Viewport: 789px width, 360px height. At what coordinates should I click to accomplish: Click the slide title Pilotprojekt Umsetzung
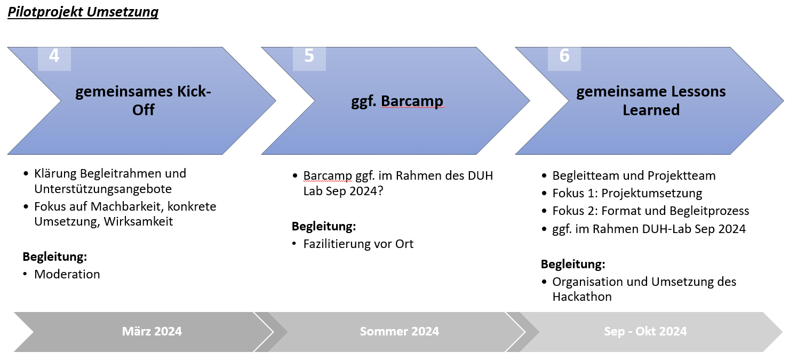83,12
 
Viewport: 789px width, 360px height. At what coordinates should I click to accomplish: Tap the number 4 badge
54,59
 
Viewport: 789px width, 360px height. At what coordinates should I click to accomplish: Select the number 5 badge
309,59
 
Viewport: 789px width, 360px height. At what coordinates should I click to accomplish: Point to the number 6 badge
564,59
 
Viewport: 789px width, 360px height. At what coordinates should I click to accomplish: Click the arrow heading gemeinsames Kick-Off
143,100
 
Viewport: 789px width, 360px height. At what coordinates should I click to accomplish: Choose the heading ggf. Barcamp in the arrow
397,101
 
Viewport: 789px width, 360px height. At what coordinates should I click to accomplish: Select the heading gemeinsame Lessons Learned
651,100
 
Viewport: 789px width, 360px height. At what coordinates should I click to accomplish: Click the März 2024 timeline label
152,331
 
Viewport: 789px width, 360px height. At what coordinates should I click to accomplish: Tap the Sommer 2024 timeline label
400,331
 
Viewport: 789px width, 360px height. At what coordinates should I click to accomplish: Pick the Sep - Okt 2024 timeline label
645,331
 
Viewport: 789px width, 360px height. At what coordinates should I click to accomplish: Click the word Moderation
67,274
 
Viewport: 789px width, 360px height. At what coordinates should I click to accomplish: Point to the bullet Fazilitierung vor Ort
358,244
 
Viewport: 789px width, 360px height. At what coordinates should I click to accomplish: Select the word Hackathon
582,297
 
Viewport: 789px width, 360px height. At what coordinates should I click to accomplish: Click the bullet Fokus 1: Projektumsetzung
627,194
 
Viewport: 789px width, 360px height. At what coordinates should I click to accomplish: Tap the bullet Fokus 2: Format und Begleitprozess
651,211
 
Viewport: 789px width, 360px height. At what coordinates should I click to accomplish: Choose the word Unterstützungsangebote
103,189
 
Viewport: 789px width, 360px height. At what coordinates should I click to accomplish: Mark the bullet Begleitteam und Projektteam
634,176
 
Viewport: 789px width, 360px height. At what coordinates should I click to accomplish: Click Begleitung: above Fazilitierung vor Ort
324,227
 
